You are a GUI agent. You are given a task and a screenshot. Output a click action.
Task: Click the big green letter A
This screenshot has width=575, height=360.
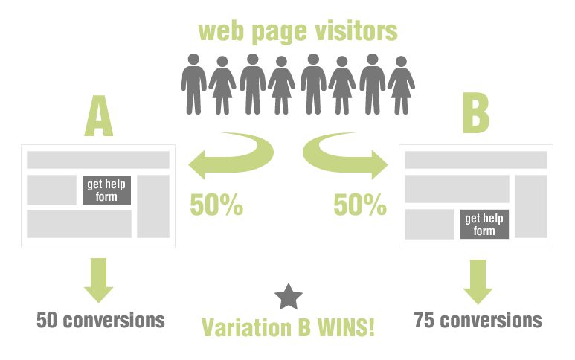coord(99,116)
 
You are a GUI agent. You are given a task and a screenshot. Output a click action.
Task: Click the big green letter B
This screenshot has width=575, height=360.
coord(475,113)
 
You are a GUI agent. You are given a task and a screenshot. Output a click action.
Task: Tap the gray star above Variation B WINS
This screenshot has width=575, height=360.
coord(289,297)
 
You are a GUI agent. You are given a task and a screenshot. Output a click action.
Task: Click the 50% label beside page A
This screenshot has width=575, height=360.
coord(216,205)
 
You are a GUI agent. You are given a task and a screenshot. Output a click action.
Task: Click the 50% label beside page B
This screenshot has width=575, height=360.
coord(360,205)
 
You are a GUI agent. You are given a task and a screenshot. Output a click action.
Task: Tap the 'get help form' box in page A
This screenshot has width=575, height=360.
coord(106,190)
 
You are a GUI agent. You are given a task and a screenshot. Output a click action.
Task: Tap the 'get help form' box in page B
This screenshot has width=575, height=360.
coord(484,225)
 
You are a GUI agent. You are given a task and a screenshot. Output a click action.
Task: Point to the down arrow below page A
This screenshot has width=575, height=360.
coord(99,280)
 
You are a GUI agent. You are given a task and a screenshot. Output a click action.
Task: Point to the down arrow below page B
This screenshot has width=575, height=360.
coord(478,282)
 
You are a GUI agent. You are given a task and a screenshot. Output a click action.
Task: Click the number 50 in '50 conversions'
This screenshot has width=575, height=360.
coord(47,320)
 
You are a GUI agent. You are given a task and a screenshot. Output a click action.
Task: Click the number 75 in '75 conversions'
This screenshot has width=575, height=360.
coord(424,320)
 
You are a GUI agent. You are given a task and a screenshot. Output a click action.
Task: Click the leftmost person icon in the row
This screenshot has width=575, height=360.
coord(193,84)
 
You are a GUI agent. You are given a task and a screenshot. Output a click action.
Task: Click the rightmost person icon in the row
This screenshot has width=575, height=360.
coord(401,85)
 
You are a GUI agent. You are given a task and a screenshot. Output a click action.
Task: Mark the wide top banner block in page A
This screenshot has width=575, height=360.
coord(98,160)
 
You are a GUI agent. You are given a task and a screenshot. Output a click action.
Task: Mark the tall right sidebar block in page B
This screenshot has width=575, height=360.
coord(531,206)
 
